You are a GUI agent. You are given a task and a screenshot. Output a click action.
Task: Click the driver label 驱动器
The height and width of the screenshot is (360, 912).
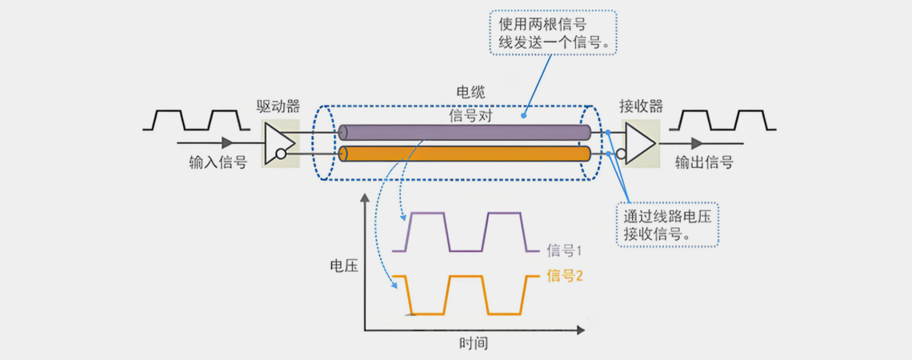pos(278,106)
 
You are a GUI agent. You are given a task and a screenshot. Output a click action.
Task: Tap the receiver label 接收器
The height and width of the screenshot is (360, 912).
pos(641,106)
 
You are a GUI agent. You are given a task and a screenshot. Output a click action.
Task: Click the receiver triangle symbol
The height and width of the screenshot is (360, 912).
pos(640,142)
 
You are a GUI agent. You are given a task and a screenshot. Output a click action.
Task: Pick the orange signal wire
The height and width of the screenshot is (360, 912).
pos(464,154)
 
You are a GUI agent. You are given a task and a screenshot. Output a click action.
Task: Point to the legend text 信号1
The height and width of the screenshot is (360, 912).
pos(564,251)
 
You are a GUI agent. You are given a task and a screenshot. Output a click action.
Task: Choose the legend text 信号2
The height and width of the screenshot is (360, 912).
pos(564,276)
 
